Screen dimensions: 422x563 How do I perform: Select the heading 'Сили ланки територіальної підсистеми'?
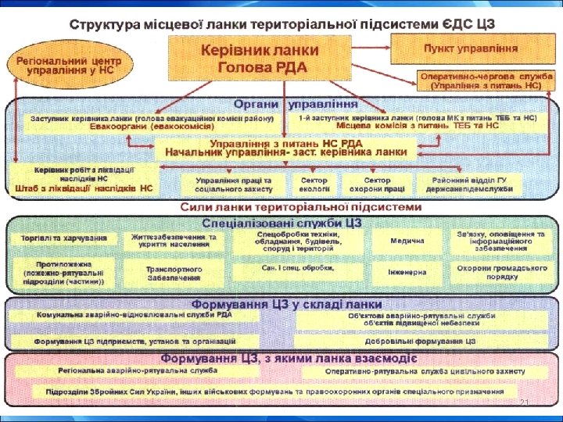[x=301, y=207]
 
